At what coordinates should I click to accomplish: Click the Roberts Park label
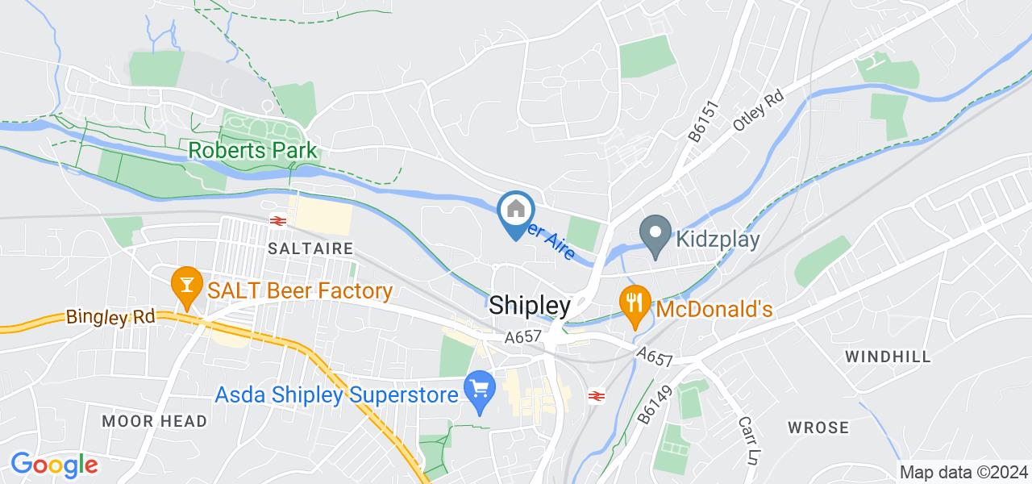[x=252, y=151]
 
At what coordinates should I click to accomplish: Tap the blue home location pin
[x=515, y=212]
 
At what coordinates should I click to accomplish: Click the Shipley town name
[x=530, y=306]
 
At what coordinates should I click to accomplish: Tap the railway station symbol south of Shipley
[x=597, y=395]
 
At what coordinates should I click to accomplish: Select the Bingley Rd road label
[x=110, y=317]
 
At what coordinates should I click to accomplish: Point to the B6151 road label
[x=699, y=123]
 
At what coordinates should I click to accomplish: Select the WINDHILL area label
[x=887, y=356]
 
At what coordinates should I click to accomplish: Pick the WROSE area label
[x=818, y=428]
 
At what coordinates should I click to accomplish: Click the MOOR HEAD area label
[x=155, y=421]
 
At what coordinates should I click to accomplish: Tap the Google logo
[x=54, y=465]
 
